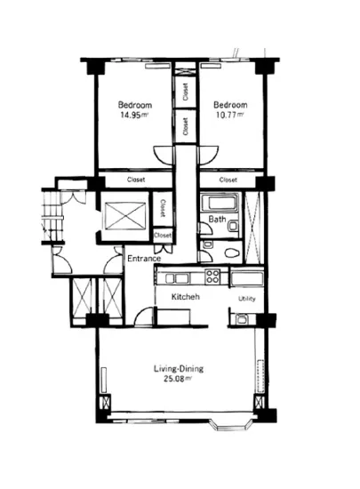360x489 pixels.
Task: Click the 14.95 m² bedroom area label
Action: pos(134,115)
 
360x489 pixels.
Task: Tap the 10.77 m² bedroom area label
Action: pos(229,115)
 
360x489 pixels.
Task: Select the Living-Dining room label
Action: pos(179,369)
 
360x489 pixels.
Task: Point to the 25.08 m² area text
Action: pos(178,379)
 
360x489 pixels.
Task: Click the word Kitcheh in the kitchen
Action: pos(186,297)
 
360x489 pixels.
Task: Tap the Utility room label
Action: pos(247,299)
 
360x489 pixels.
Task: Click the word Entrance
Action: pos(144,259)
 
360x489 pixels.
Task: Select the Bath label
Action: pos(217,220)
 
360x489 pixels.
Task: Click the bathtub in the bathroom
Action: pos(220,203)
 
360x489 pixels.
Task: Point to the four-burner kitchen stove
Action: pos(212,277)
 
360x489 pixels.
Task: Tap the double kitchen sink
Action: pos(177,278)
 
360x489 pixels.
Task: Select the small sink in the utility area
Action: pos(242,319)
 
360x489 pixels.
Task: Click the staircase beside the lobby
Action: pos(53,216)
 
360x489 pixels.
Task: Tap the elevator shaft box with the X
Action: pos(125,216)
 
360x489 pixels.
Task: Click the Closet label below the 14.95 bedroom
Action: pos(136,180)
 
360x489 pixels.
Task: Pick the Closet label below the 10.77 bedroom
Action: pos(228,180)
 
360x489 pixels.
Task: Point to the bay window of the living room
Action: pos(230,425)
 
